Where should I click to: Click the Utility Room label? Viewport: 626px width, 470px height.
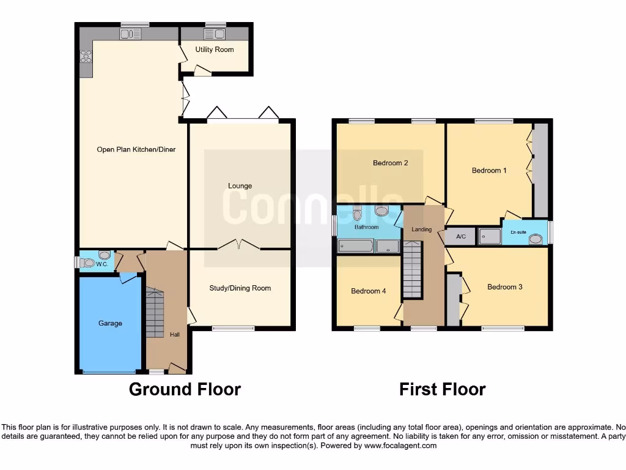click(215, 50)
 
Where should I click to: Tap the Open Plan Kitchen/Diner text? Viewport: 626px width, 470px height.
click(136, 149)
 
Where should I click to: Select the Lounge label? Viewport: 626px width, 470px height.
click(240, 186)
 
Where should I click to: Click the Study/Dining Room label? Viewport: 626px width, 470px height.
click(240, 288)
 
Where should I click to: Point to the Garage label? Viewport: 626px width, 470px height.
click(111, 323)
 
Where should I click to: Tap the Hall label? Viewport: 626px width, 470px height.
click(175, 335)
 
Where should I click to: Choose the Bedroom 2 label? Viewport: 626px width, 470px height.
click(391, 163)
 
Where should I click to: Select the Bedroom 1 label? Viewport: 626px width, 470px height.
click(489, 171)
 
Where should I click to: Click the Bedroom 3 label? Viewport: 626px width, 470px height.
click(504, 286)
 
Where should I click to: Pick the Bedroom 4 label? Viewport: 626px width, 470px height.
click(368, 291)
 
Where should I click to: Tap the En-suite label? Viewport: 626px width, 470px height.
click(518, 233)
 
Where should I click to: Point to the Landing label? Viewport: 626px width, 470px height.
click(422, 229)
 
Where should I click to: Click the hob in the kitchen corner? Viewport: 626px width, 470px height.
click(86, 57)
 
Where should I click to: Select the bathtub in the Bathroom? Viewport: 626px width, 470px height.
click(355, 247)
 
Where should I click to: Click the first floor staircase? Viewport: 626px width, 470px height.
click(413, 269)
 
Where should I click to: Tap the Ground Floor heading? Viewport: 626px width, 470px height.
click(185, 389)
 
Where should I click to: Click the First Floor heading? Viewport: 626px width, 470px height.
click(442, 389)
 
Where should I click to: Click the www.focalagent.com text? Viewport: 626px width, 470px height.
click(400, 446)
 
